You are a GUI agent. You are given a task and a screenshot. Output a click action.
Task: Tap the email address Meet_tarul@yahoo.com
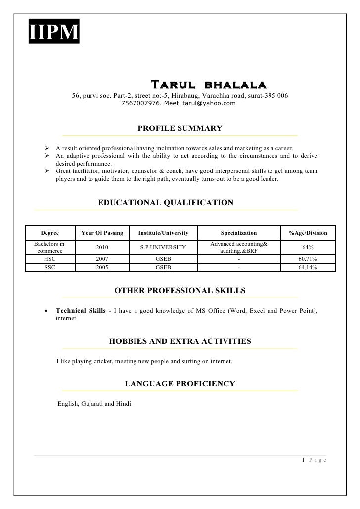(200, 103)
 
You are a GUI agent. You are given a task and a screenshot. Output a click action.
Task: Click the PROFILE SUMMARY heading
(180, 129)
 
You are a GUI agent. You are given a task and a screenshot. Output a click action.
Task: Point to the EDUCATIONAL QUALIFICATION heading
(166, 202)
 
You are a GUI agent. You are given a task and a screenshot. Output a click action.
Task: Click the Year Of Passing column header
(102, 232)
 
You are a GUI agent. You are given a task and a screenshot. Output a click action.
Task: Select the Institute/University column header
(163, 232)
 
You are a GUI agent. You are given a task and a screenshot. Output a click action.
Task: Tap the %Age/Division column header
(308, 232)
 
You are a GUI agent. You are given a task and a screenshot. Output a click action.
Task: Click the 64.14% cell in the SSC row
(308, 268)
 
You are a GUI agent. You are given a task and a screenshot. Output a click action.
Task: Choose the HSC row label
(50, 259)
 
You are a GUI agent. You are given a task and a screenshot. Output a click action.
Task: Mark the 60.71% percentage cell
(308, 259)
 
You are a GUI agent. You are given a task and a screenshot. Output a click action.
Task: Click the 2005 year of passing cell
(102, 268)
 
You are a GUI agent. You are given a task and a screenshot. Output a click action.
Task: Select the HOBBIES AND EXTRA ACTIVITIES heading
(180, 341)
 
